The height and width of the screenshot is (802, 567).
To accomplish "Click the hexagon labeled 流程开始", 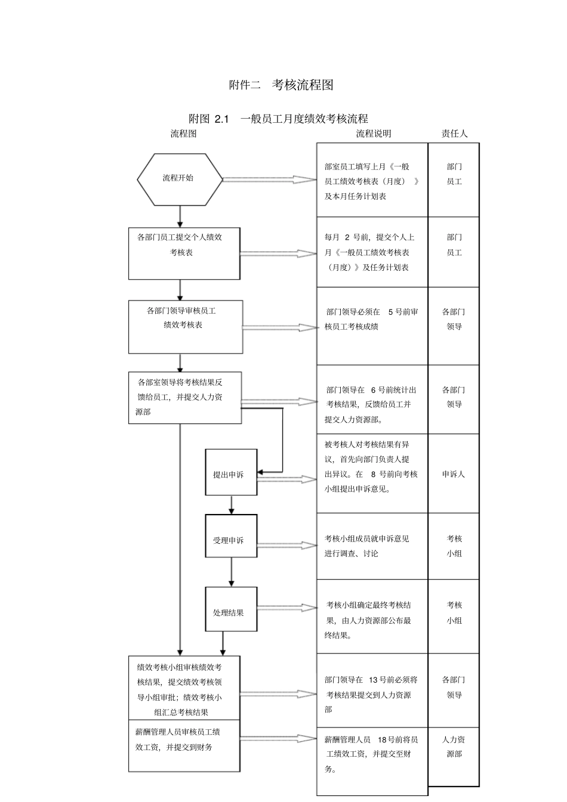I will click(180, 178).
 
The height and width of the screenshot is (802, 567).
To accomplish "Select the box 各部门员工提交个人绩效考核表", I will click(184, 253).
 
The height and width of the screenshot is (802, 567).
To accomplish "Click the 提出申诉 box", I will click(231, 472).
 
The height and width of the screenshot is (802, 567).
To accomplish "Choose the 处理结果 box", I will click(231, 609).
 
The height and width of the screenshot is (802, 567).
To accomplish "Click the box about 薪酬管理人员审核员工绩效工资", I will click(184, 745).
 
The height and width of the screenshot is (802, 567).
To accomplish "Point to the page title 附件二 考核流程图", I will click(281, 85).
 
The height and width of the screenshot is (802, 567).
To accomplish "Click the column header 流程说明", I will click(373, 134).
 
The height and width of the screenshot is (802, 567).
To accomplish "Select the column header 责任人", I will click(454, 134).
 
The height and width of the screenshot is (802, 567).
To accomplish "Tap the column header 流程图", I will click(183, 134).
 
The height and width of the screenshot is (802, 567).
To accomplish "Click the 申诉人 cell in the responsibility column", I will click(454, 474).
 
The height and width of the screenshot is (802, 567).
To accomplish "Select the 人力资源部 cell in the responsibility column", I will click(454, 747).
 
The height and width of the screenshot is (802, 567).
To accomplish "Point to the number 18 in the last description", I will click(383, 739).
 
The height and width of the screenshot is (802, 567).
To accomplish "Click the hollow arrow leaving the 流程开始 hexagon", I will click(269, 179).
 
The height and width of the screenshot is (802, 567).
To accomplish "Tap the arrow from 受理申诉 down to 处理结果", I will click(232, 572).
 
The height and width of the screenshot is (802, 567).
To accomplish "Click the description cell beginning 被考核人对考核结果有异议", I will click(371, 467).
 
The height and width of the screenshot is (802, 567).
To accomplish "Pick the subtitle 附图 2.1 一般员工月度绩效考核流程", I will click(278, 119).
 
